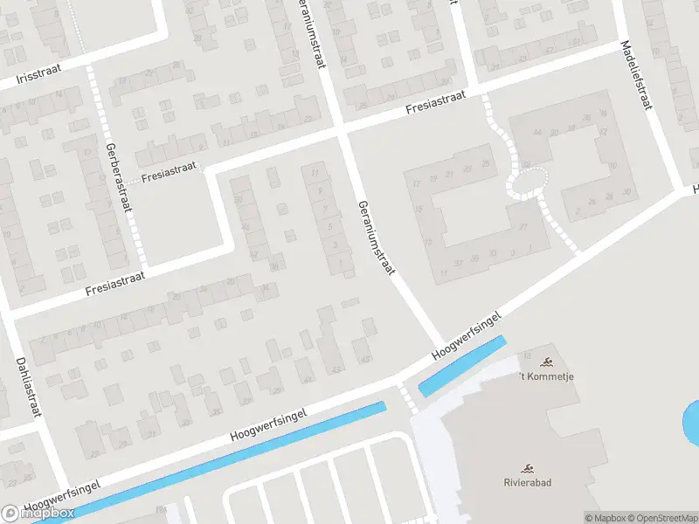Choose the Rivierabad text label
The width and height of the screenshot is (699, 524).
coord(526,482)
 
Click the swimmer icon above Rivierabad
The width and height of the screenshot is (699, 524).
coord(527,469)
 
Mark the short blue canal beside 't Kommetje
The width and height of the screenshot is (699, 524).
coord(462,366)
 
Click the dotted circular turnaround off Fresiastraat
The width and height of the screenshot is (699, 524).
coord(527,181)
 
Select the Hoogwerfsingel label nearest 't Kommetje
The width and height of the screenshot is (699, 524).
coord(468,336)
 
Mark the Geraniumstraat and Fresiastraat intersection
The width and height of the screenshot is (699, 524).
coord(342,132)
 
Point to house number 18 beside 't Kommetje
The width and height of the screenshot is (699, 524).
coord(528,355)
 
